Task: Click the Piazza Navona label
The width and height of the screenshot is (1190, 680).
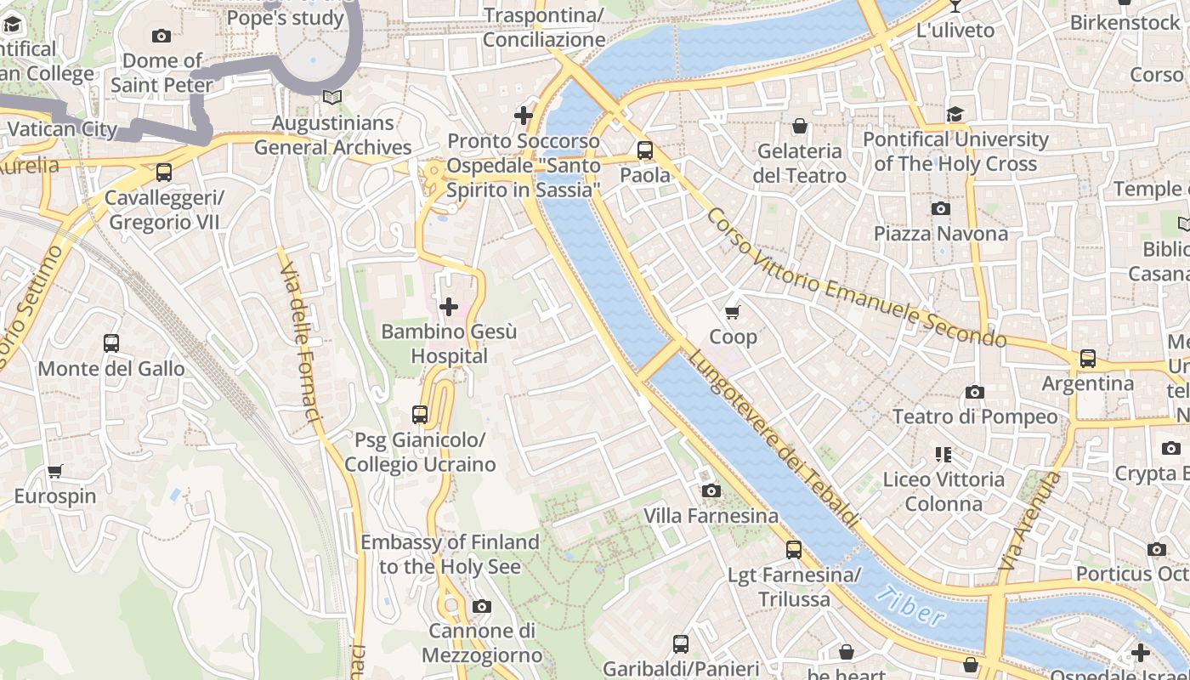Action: point(940,234)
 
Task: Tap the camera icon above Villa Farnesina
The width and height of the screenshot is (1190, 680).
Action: point(711,490)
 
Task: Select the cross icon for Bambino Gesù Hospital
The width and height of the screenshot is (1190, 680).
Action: point(449,306)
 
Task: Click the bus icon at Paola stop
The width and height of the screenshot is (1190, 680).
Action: point(645,150)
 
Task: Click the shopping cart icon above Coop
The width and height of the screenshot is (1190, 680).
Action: point(733,312)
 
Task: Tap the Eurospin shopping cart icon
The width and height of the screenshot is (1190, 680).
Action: point(55,471)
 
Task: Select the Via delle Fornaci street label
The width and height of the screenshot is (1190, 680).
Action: point(301,340)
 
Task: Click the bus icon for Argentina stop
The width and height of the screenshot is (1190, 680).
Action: point(1087,358)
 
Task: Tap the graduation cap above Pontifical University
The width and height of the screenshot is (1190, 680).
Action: point(955,114)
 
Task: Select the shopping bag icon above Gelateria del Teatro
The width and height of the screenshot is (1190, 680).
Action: point(799,127)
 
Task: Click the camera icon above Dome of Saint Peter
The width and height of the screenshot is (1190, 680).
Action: point(161,36)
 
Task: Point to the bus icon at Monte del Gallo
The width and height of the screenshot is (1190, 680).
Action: point(111,343)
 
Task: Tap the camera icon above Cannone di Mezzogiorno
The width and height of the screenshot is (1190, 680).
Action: point(482,606)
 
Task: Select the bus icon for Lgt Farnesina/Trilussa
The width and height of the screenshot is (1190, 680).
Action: point(793,550)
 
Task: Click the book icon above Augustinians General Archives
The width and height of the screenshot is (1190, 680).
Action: point(332,98)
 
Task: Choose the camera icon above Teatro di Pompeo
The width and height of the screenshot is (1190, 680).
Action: point(974,392)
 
